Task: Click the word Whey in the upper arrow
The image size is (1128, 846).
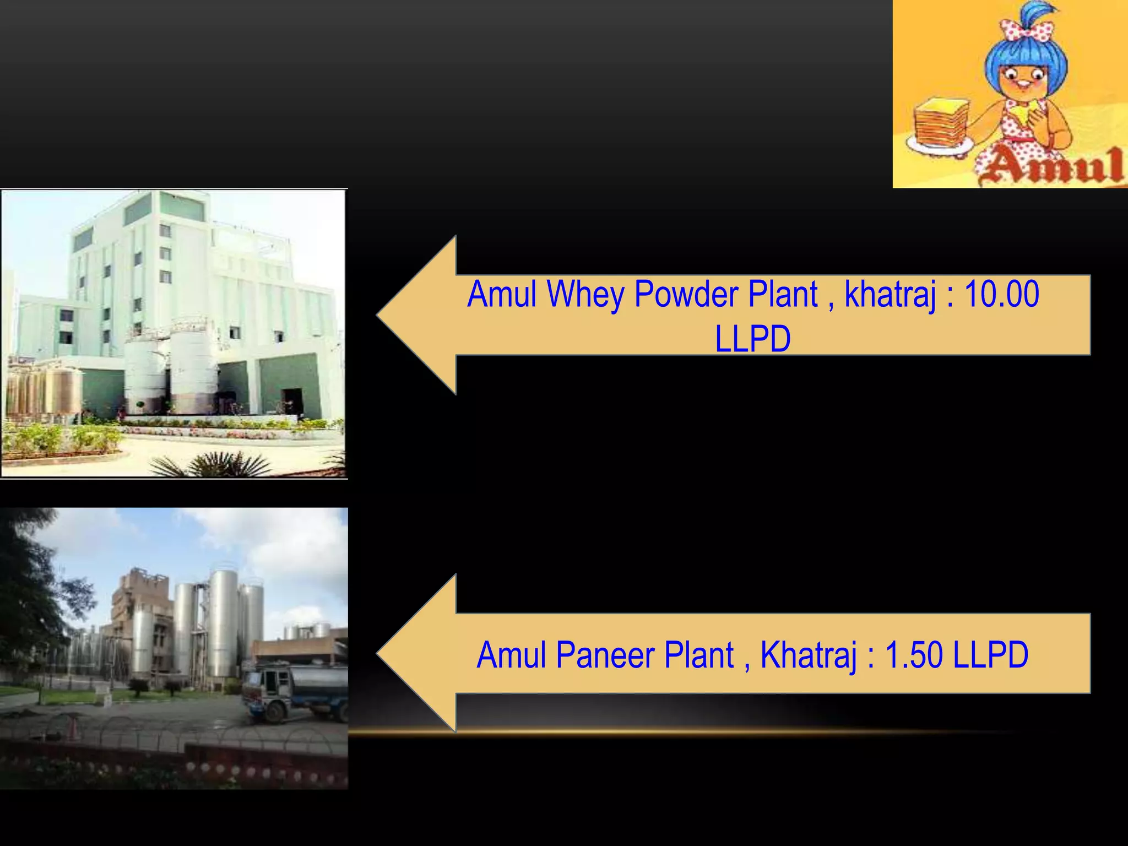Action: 585,295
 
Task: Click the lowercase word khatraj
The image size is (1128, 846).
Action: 890,295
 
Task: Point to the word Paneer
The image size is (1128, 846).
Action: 606,655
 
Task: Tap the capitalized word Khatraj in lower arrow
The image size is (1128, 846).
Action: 809,655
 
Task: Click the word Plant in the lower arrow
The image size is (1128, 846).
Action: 699,655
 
